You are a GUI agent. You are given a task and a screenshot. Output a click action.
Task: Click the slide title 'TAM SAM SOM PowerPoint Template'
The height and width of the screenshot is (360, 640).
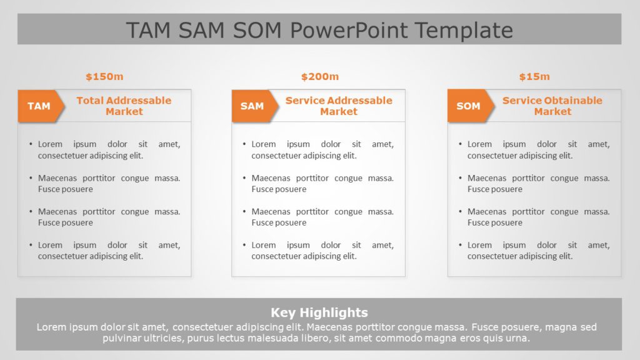tap(319, 30)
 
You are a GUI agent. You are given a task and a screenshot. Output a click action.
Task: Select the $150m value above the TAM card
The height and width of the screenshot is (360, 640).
tap(104, 77)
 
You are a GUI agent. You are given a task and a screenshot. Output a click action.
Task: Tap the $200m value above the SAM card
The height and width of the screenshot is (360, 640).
tap(319, 77)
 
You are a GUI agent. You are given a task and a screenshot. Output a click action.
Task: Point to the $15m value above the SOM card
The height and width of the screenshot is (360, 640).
tap(534, 77)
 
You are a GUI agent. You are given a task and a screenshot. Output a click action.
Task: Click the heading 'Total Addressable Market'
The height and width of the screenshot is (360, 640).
tap(124, 106)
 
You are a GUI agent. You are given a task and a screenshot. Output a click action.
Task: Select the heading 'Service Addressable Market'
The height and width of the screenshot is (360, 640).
tap(339, 106)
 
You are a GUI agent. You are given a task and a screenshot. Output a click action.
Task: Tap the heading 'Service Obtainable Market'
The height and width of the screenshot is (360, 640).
tap(552, 106)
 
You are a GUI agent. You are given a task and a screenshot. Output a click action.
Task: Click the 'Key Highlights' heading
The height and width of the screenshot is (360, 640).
tap(319, 312)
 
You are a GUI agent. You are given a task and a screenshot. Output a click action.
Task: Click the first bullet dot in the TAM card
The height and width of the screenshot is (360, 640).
tap(31, 144)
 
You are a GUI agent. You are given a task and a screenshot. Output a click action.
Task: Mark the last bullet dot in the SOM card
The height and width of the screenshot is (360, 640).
tap(461, 246)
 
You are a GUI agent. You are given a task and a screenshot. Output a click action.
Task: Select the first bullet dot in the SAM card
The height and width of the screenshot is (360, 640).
tap(245, 144)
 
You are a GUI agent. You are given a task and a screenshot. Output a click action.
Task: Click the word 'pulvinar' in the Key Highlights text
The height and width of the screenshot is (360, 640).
tap(124, 338)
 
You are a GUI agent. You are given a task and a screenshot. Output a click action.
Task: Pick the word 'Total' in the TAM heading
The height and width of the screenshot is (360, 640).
tap(90, 101)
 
